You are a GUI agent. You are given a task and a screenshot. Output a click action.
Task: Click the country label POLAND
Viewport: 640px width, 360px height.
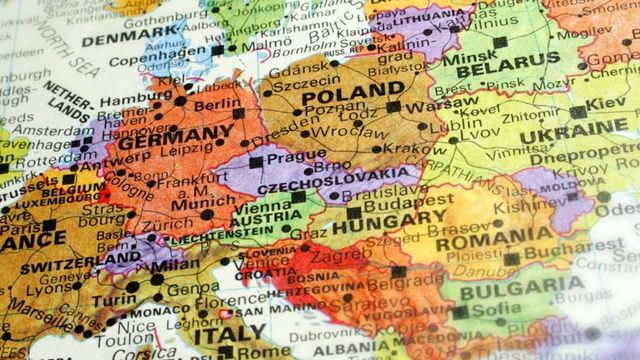[339, 91]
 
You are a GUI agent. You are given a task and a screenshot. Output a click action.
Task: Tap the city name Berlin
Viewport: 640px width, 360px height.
[218, 105]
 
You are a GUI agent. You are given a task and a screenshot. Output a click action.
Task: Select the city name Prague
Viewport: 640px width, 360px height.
[291, 157]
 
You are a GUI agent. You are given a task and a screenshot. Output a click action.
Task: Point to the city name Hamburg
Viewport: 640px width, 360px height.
[135, 100]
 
